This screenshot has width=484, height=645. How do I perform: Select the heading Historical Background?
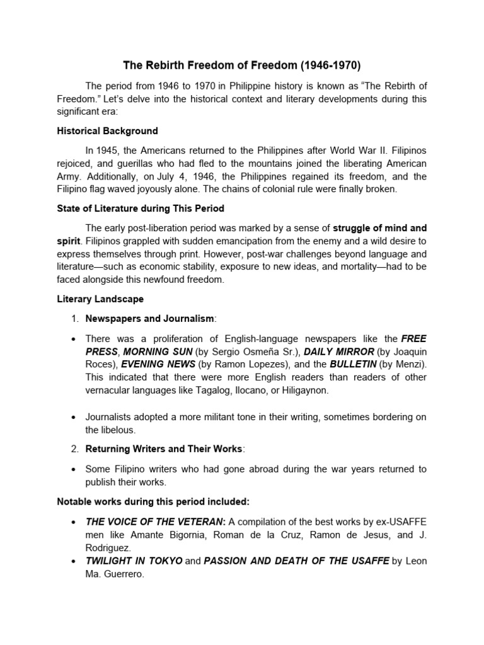pos(107,131)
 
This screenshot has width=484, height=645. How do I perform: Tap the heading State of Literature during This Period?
pos(141,208)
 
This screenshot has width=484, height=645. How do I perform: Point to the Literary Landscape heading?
pos(100,299)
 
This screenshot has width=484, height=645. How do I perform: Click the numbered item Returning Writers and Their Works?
pos(163,449)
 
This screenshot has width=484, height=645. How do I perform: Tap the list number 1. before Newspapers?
pos(74,319)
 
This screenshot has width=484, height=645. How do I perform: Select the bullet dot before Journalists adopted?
pos(74,417)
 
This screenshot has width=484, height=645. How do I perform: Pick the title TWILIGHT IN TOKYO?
pos(134,561)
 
